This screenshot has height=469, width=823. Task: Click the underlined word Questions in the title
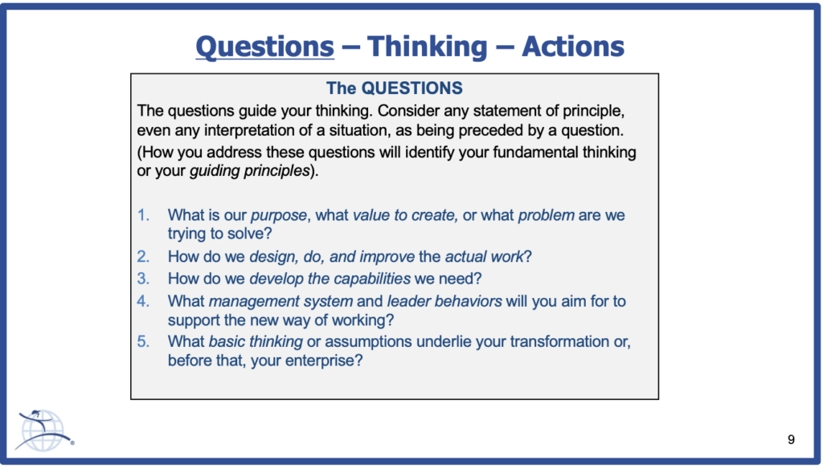coord(265,47)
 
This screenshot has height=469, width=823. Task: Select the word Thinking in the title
coord(428,47)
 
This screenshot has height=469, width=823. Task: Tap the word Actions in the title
coord(572,46)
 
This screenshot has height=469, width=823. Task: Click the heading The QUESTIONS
coord(394,88)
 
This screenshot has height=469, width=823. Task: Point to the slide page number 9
coord(791,439)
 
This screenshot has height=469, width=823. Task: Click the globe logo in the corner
coord(43,430)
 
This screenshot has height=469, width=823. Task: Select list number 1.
coord(143,215)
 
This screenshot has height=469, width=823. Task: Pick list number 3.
coord(143,279)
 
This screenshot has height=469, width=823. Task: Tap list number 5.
coord(143,341)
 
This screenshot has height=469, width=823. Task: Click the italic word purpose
coord(279,215)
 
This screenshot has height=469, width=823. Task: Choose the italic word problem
coord(546,215)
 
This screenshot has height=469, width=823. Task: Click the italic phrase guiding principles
coord(250,171)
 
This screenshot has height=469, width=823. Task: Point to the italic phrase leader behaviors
coord(444,301)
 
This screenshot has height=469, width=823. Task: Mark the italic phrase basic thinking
coord(256,341)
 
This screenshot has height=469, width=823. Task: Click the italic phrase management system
coord(280,302)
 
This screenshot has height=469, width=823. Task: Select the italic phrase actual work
coord(484,256)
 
